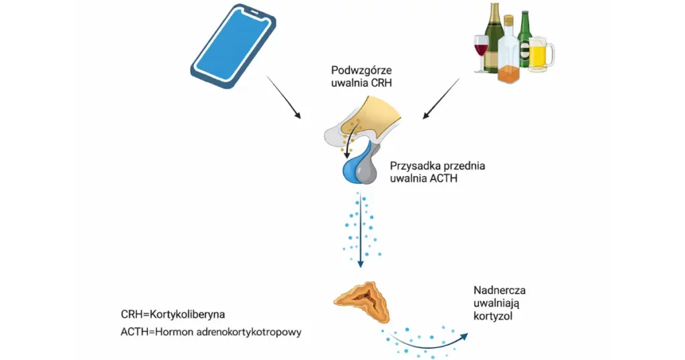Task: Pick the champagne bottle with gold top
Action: coord(494,37)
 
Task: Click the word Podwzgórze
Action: coord(362,71)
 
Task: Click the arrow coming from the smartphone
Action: coord(284,98)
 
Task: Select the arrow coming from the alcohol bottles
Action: coord(441,98)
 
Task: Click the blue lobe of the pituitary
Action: coord(350,171)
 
